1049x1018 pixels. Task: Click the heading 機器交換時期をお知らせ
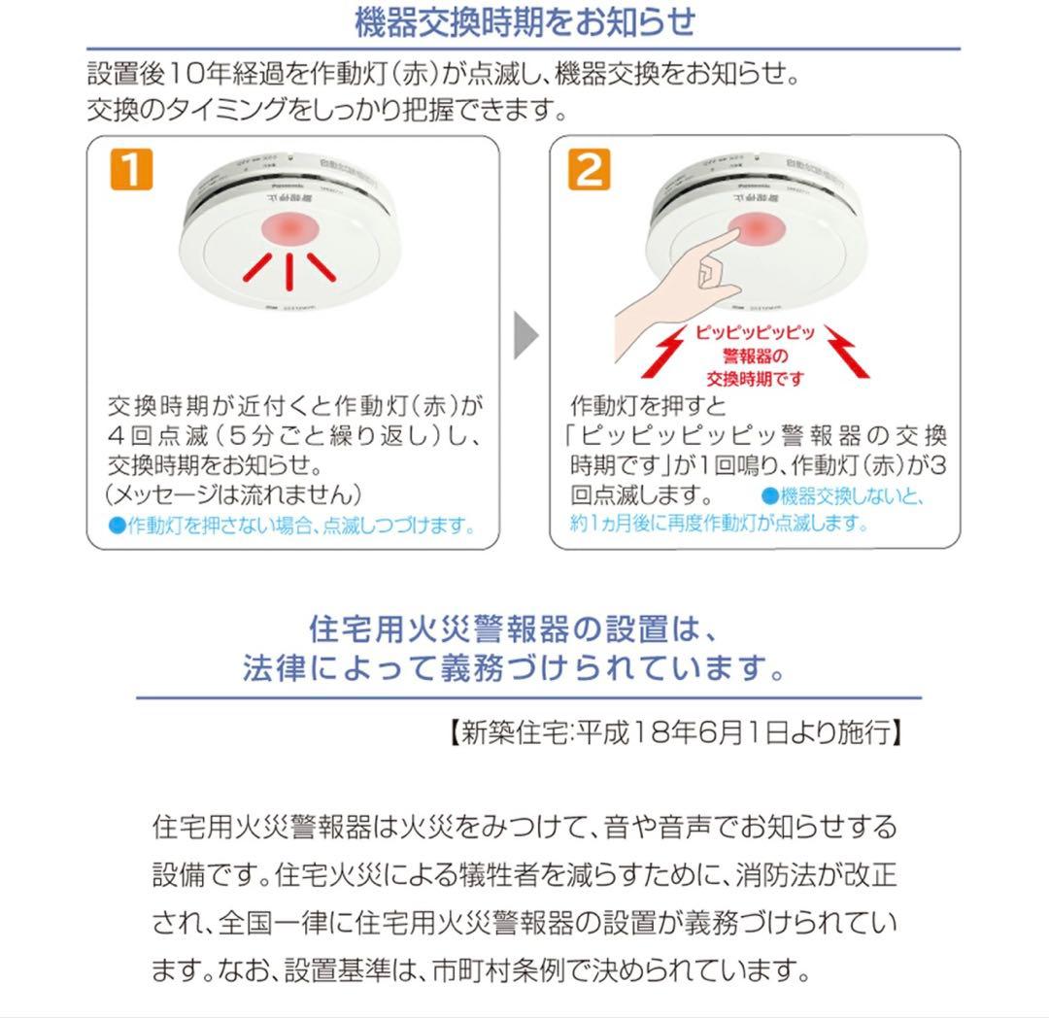[524, 21]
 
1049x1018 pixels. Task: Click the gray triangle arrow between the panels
[524, 335]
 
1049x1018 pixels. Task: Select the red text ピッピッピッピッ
[754, 332]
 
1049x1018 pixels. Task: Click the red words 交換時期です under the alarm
[754, 379]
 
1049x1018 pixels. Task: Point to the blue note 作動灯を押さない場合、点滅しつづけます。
[293, 526]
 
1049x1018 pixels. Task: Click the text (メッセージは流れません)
[239, 492]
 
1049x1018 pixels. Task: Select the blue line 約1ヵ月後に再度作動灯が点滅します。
[718, 523]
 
